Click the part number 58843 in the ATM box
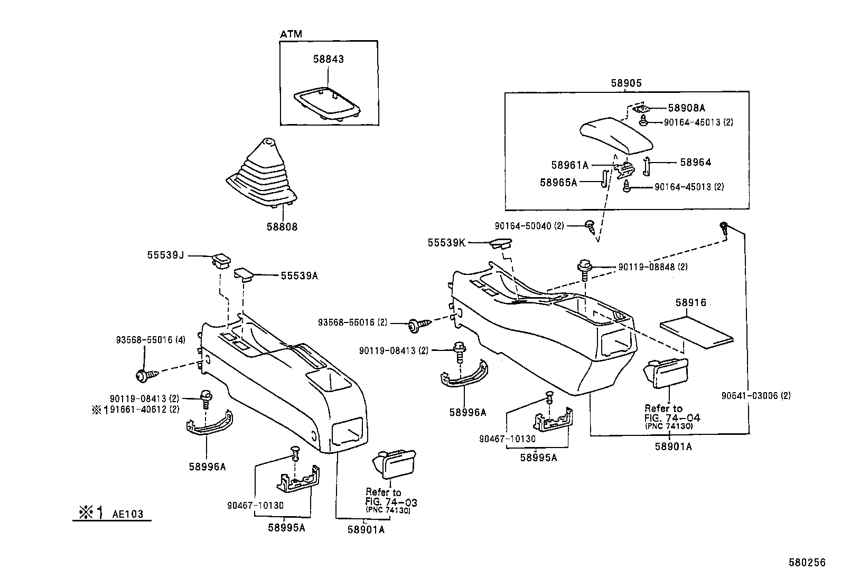tap(328, 59)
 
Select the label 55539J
tap(165, 255)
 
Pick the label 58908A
tap(686, 108)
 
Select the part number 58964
tap(695, 163)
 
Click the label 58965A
tap(558, 182)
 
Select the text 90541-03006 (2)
tap(756, 395)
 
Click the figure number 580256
tap(807, 563)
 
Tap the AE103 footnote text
tap(127, 514)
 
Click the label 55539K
tap(446, 243)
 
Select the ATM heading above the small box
tap(291, 34)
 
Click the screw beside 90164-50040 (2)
tap(590, 227)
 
